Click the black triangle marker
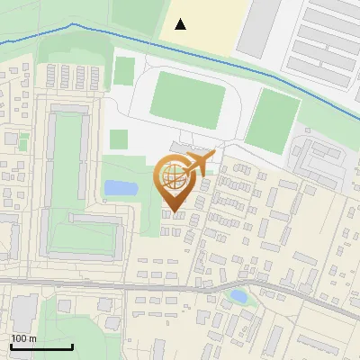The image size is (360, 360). point(181,24)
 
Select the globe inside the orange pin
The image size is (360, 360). point(175,176)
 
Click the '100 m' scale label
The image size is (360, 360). point(23,338)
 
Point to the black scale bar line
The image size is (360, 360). point(40,346)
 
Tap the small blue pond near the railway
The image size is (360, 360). point(238,294)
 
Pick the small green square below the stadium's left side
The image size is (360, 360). point(119,139)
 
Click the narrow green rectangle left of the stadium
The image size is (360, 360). point(125,71)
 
